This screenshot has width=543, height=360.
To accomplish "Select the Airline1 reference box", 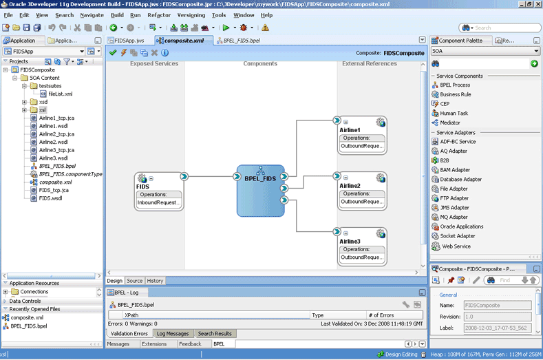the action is pos(362,136).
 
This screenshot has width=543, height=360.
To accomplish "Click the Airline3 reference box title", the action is pos(350,241).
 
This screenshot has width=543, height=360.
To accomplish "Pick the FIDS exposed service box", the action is pos(159,191).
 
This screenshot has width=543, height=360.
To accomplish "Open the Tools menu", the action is pos(219,15).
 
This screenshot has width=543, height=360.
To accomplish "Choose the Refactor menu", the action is pos(159,15).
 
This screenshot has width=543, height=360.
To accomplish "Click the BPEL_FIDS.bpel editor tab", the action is pos(238,41).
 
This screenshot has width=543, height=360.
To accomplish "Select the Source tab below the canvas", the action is pos(134,281).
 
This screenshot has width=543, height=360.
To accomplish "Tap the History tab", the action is pos(155,281).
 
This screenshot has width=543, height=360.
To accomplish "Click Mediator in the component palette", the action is pos(450,123).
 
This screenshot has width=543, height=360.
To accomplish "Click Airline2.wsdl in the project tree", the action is pos(53,142).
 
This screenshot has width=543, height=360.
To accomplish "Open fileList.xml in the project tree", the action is pos(61,94).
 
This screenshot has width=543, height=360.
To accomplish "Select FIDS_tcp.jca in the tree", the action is pos(54,190).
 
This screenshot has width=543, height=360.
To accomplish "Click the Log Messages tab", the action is pos(173,334).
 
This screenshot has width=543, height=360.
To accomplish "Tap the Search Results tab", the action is pos(215,334).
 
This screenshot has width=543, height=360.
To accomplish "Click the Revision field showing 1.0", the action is pos(498,317).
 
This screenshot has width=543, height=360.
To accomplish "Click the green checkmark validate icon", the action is pos(113,53).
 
